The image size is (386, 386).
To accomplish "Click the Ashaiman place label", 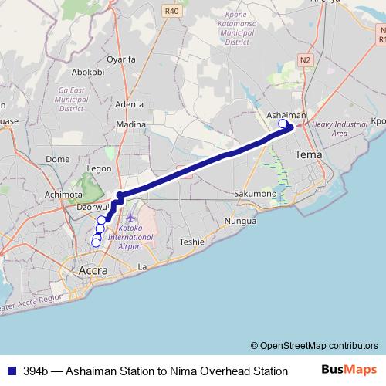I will (x=286, y=115).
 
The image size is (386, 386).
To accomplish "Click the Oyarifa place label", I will (x=121, y=59).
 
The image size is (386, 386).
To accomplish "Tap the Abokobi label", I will (x=87, y=72).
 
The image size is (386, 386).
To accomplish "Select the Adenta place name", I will (x=130, y=104).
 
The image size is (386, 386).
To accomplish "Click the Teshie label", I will (x=191, y=242).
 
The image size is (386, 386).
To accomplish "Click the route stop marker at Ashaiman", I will (x=283, y=124).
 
